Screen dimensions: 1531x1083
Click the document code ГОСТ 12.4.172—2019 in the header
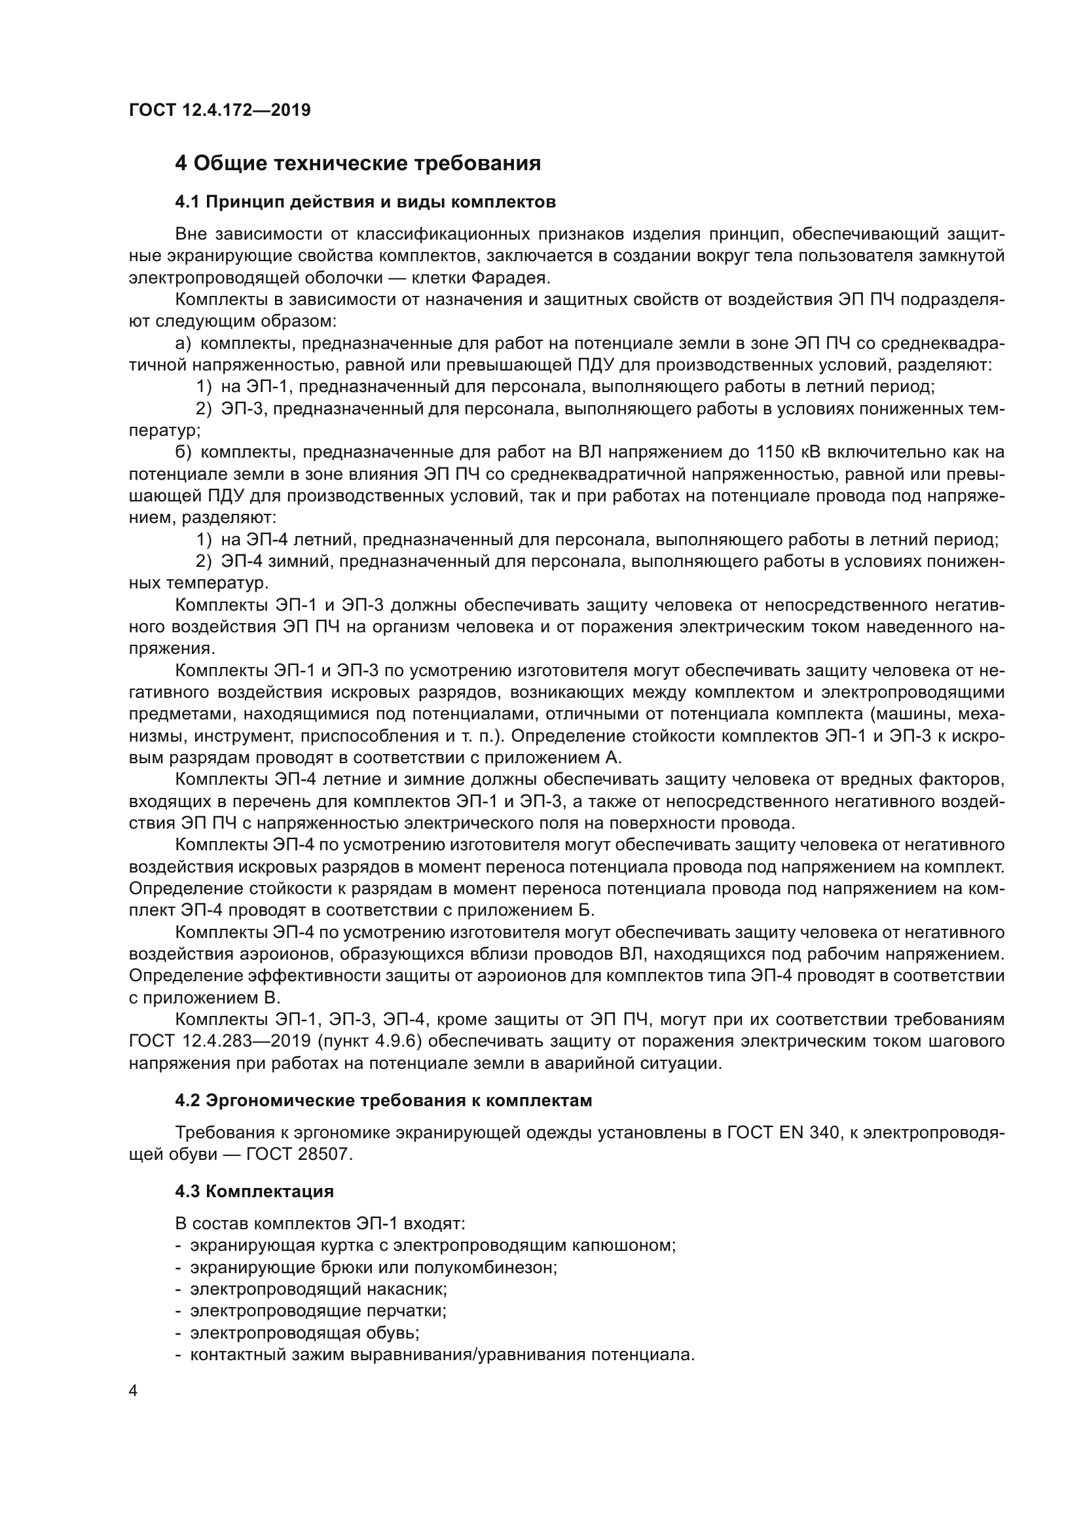tap(219, 110)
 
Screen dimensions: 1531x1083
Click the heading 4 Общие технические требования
tap(358, 164)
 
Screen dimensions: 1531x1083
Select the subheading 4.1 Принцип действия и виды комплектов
tap(365, 202)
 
